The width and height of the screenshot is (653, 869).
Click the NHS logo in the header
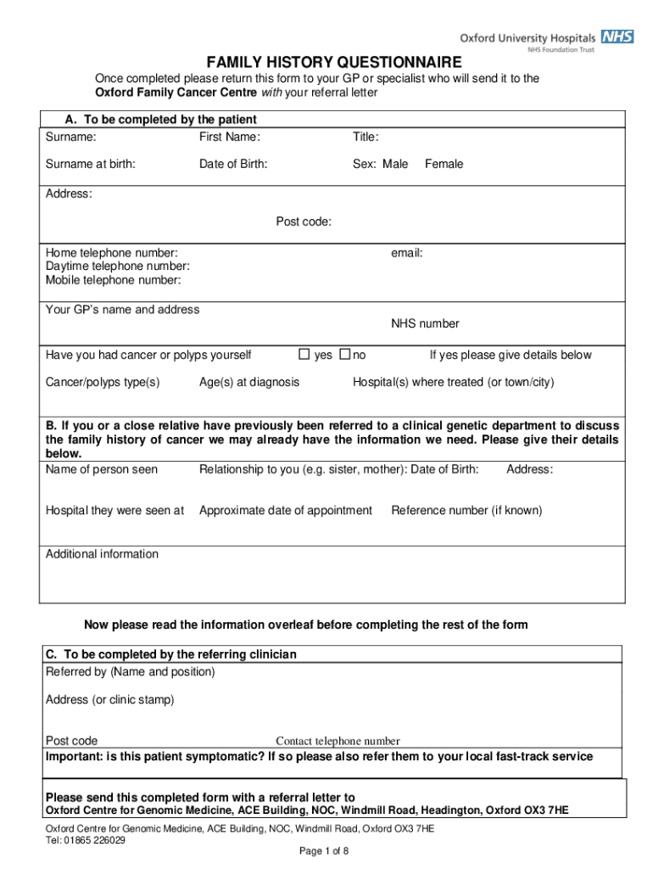coord(617,36)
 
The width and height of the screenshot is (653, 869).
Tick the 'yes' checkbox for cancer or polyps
coord(305,354)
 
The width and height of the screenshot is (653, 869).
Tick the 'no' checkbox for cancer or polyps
coord(345,354)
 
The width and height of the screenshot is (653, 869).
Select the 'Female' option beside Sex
coord(444,164)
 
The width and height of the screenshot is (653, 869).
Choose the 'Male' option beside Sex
coord(394,164)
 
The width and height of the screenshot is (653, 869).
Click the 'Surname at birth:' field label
coord(90,164)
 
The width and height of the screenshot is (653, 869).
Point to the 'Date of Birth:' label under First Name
coord(233,164)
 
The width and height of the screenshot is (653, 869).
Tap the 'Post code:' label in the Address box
coord(304,222)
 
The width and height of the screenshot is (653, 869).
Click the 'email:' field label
coord(406,253)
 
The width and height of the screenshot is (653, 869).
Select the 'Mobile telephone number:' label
coord(113,280)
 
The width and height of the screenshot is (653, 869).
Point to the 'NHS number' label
coord(425,323)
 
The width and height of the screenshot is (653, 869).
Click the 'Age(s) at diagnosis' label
coord(248,382)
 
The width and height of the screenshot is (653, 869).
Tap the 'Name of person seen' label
coord(101,469)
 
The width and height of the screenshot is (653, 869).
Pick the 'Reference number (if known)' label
coord(466,510)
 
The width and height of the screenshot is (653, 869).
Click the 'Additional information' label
coord(102,554)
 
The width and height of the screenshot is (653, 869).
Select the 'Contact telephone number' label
coord(338,741)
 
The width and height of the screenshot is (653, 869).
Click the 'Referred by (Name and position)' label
coord(130,671)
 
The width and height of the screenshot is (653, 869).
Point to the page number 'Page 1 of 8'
coord(325,851)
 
